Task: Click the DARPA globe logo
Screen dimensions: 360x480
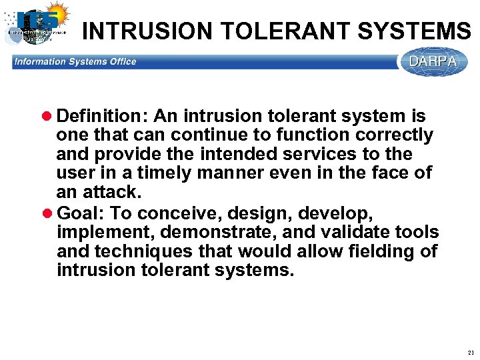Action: click(x=433, y=62)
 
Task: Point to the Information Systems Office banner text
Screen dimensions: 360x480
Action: click(x=75, y=62)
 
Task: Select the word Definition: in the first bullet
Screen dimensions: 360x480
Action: click(x=103, y=117)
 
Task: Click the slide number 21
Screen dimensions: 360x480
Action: click(x=471, y=352)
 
